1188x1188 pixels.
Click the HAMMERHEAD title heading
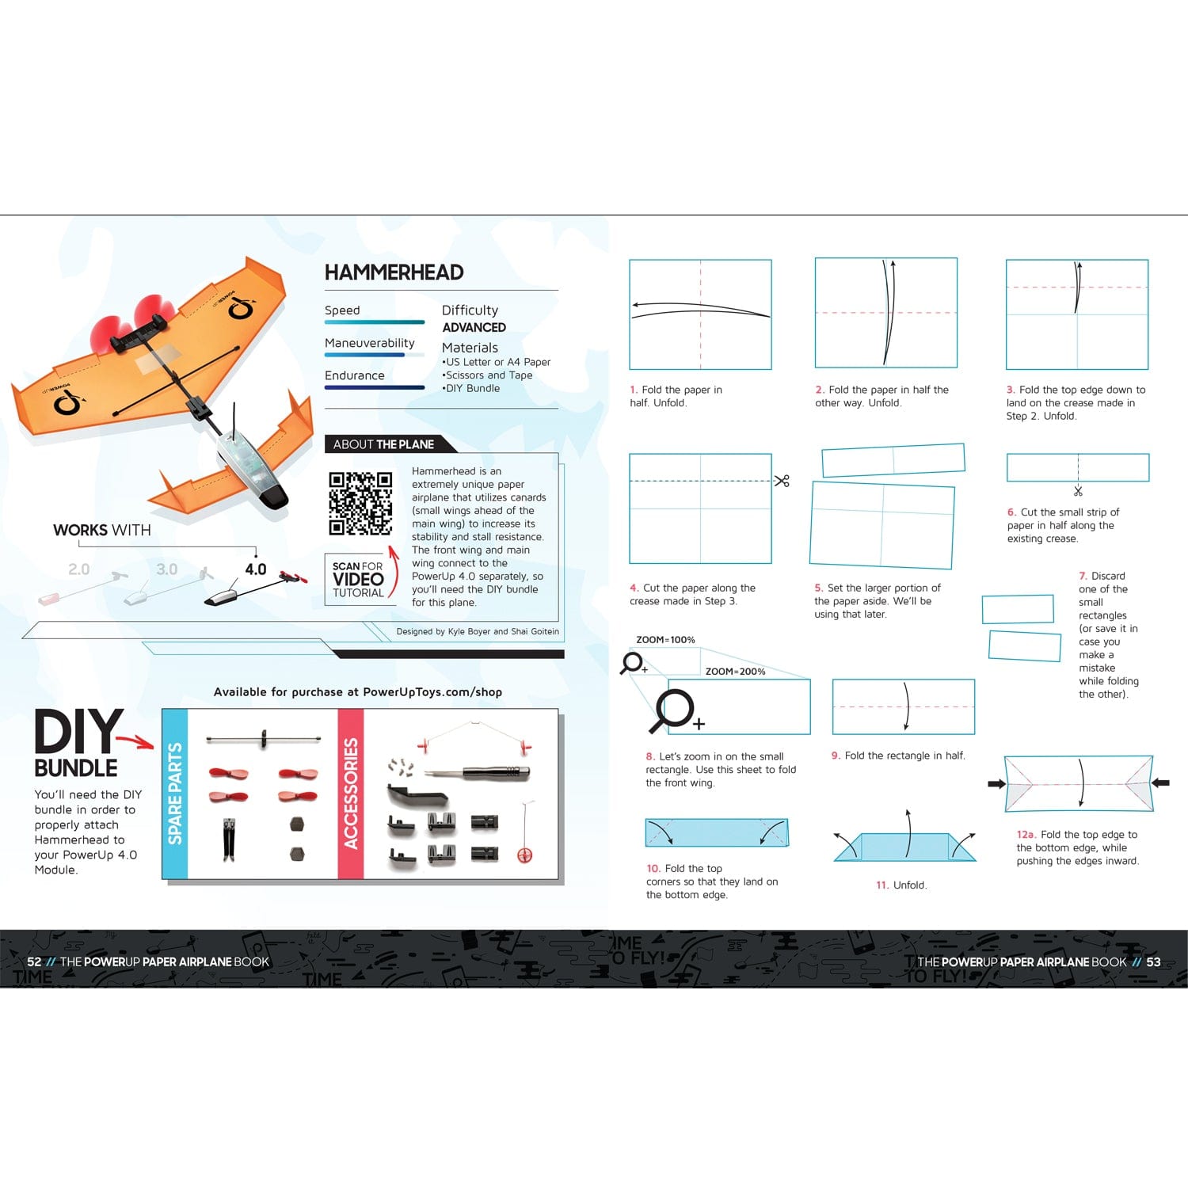[394, 272]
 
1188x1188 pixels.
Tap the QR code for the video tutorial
[360, 503]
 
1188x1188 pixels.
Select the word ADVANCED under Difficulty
[474, 327]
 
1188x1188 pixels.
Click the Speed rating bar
[375, 322]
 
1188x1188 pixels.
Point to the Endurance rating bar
[375, 387]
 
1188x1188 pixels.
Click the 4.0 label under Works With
[255, 569]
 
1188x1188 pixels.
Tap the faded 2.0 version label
[79, 569]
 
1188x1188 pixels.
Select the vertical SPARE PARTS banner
[175, 794]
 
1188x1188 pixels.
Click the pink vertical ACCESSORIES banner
[350, 794]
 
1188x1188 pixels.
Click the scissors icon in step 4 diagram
[782, 481]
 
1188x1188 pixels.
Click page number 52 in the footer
[34, 961]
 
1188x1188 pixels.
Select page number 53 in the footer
[1153, 961]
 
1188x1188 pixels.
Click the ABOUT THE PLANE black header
[383, 444]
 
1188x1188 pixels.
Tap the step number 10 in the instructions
[653, 869]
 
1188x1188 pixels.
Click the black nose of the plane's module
[274, 496]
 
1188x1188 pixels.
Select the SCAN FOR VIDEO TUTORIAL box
[358, 580]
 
